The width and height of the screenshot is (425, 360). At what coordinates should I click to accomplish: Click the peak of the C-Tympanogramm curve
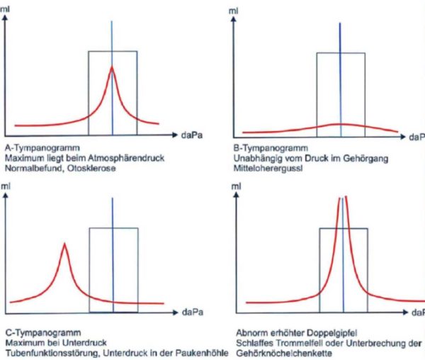pyautogui.click(x=65, y=244)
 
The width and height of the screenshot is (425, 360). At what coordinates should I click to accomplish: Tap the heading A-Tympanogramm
pyautogui.click(x=34, y=147)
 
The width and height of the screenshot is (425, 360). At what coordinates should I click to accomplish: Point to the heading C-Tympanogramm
pyautogui.click(x=35, y=332)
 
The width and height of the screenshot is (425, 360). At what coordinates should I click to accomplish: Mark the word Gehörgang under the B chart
pyautogui.click(x=368, y=158)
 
